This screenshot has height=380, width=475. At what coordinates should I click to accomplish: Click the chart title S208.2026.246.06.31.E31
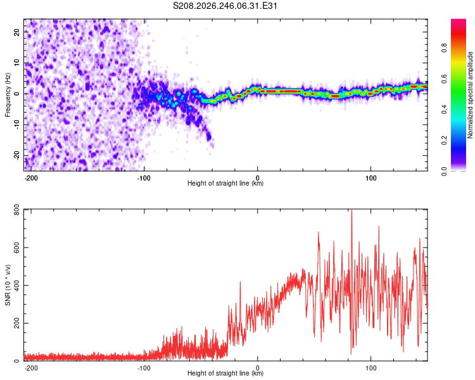tap(225, 6)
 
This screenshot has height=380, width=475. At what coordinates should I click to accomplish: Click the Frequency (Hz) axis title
tap(8, 94)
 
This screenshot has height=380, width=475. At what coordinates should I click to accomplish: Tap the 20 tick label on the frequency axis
tap(16, 32)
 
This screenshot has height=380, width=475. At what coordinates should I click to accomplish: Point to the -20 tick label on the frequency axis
tap(16, 156)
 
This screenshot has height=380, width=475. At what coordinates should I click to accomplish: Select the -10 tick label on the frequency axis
tap(16, 125)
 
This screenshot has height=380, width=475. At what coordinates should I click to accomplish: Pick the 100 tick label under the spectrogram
tap(370, 178)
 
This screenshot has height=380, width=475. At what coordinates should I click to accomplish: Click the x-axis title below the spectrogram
tap(225, 183)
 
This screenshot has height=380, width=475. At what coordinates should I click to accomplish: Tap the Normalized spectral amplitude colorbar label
tap(470, 95)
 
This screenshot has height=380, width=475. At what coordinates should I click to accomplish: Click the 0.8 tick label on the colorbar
tap(444, 48)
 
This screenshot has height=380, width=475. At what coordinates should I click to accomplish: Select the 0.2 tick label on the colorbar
tap(444, 141)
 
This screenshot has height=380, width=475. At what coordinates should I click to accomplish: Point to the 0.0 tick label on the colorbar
tap(444, 171)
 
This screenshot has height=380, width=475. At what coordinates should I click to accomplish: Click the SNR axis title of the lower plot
tap(8, 285)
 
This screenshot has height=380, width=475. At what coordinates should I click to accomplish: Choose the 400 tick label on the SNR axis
tap(16, 286)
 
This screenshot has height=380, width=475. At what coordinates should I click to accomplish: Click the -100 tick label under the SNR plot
tap(144, 368)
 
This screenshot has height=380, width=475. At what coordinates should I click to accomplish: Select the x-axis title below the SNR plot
tap(225, 373)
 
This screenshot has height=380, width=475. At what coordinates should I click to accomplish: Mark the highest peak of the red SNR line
tap(351, 210)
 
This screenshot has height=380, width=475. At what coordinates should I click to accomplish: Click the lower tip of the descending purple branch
tap(213, 147)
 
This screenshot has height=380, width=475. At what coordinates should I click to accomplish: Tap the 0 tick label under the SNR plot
tap(258, 368)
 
